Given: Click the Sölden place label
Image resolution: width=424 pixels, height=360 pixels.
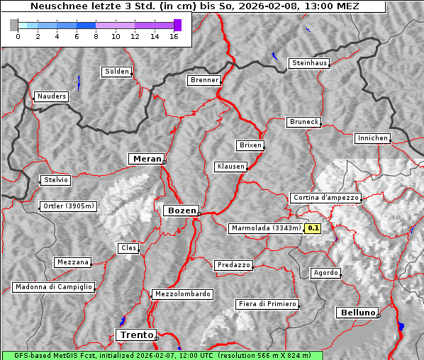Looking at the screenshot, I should (x=117, y=72).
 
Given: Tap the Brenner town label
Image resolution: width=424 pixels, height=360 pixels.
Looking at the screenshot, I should (x=204, y=80).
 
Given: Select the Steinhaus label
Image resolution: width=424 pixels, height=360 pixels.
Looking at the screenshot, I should (x=310, y=63).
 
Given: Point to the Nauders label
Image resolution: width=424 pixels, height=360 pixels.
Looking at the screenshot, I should (x=51, y=96).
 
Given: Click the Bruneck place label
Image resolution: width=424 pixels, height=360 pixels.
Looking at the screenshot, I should (x=304, y=122).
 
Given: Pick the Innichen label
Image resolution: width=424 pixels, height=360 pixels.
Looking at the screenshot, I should (x=372, y=138).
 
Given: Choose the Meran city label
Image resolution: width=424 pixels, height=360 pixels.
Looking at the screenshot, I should (x=145, y=159).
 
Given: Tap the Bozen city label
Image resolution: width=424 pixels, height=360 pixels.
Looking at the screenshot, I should (x=180, y=210).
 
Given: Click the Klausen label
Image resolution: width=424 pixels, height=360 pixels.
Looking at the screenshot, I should (x=230, y=167).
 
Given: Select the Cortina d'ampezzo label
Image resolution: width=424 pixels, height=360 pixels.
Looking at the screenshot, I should (x=325, y=198).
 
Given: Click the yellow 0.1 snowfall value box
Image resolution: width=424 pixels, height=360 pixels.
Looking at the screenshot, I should (x=313, y=228).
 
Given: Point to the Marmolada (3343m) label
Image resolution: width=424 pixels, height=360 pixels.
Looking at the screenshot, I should (x=265, y=228).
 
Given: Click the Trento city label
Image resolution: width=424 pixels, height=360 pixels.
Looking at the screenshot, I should (x=135, y=334).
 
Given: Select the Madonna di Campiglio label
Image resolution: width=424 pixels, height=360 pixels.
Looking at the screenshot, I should (x=53, y=287).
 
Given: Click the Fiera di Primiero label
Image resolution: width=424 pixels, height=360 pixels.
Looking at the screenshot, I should (x=267, y=304).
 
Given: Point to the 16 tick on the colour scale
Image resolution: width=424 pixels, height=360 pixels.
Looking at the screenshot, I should (x=173, y=36).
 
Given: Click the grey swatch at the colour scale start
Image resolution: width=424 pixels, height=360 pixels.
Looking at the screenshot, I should (x=14, y=25).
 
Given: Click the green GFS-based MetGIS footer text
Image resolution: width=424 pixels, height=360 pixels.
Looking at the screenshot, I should (x=162, y=355).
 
